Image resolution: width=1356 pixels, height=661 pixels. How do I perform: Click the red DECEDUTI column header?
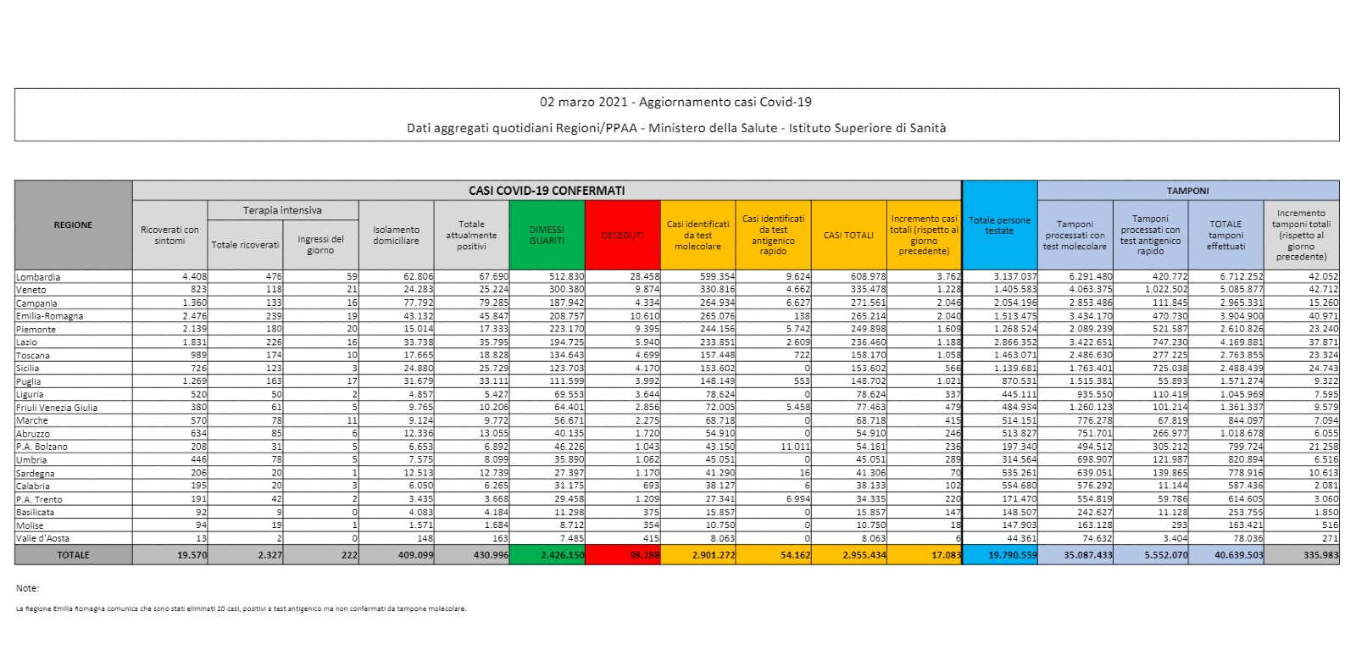622,235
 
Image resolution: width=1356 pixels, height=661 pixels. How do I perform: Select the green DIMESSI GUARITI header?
547,235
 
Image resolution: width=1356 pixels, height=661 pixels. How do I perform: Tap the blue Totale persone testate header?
999,225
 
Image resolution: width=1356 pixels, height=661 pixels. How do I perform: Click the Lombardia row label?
38,277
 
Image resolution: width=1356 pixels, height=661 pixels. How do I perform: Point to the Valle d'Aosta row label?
42,538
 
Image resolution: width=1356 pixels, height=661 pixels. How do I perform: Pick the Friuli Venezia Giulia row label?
57,408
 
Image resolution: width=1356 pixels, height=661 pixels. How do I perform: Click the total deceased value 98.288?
644,555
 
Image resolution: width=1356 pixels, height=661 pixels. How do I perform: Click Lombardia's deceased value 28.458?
644,276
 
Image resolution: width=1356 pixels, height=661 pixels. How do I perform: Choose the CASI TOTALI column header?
848,235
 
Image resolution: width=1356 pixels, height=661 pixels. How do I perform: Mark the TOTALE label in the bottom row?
73,555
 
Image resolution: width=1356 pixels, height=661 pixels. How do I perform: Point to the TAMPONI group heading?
1187,191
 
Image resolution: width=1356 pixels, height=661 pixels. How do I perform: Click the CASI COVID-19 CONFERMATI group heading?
547,191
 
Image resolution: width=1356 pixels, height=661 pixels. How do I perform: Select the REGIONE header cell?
73,225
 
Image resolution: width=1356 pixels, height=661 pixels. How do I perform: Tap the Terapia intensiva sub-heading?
282,210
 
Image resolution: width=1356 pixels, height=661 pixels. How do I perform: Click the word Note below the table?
27,588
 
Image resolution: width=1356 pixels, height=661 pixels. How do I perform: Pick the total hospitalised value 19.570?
192,555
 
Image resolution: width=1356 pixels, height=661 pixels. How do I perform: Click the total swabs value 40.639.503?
1238,555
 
